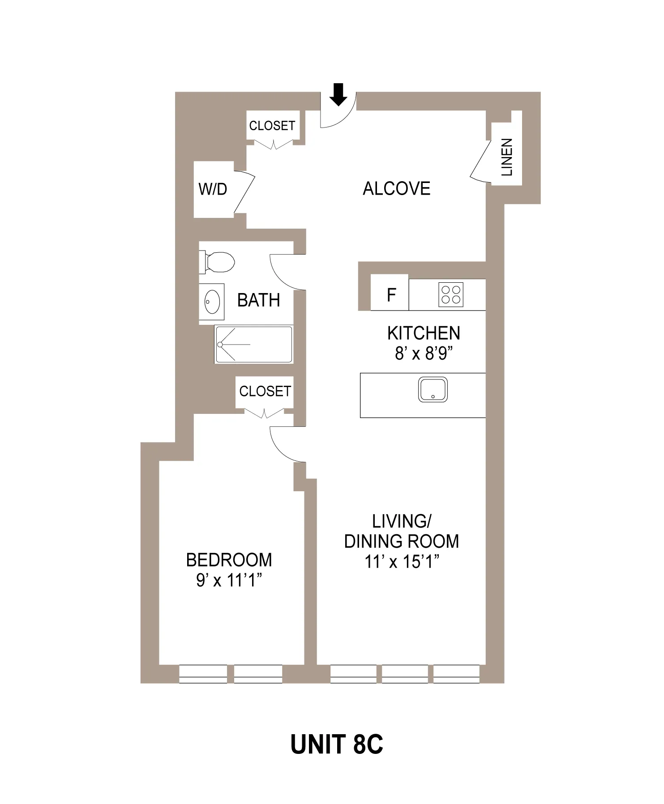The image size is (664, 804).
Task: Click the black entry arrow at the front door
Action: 338,94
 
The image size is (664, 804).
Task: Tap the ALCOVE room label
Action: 396,189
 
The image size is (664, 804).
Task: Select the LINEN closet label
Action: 507,157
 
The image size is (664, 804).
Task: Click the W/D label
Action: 213,189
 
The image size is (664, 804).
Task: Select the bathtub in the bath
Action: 254,344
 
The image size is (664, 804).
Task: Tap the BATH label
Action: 258,300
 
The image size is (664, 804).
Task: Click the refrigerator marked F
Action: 390,295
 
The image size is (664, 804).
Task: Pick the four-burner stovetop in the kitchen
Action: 451,294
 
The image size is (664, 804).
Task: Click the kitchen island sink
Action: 433,389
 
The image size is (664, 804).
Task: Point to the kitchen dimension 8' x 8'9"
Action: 424,354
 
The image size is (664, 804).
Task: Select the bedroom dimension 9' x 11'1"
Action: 229,581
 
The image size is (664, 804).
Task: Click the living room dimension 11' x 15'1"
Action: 402,562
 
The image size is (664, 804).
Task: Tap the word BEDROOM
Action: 229,560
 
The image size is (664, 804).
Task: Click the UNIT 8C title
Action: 336,744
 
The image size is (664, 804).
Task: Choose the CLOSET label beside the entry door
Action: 272,126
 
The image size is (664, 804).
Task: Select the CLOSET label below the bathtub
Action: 265,391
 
